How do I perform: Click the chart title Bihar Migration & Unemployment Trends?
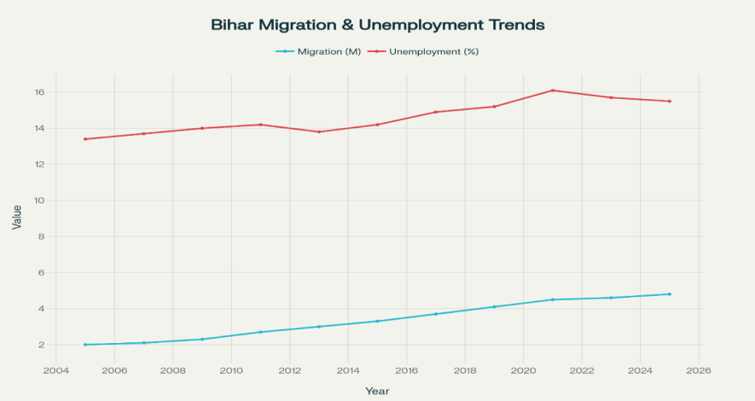click(x=377, y=25)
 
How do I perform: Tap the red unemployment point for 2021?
click(x=553, y=90)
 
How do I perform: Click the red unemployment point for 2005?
click(x=85, y=139)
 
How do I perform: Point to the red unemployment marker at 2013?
click(x=319, y=131)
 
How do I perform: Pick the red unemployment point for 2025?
click(x=670, y=102)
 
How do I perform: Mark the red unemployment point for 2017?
click(x=436, y=112)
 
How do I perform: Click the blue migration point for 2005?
click(x=85, y=345)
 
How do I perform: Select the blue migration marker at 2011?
click(x=260, y=332)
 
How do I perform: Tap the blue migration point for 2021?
click(x=553, y=299)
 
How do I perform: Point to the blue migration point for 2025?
click(x=670, y=294)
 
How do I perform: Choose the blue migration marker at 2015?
click(x=377, y=321)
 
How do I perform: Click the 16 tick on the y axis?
click(x=39, y=92)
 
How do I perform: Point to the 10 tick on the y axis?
click(x=39, y=200)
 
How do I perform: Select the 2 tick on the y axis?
click(x=41, y=345)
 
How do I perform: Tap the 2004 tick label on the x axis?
click(x=56, y=370)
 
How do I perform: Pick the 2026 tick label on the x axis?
click(x=699, y=370)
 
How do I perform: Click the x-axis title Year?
click(x=377, y=391)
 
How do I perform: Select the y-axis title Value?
click(x=17, y=217)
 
